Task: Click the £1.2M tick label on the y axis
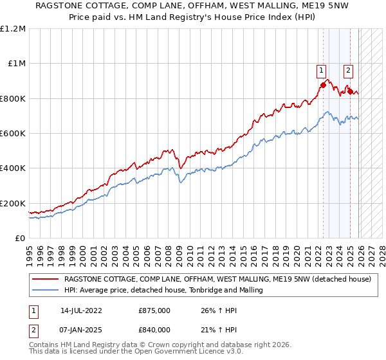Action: tap(13, 29)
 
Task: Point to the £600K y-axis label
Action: tap(13, 134)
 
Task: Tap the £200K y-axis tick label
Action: tap(13, 203)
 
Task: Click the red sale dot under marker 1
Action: tap(323, 85)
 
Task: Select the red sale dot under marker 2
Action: tap(350, 91)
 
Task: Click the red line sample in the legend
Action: tap(46, 280)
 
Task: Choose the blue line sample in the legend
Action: tap(46, 291)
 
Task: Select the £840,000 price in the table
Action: tap(154, 329)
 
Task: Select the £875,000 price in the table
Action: tap(154, 310)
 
